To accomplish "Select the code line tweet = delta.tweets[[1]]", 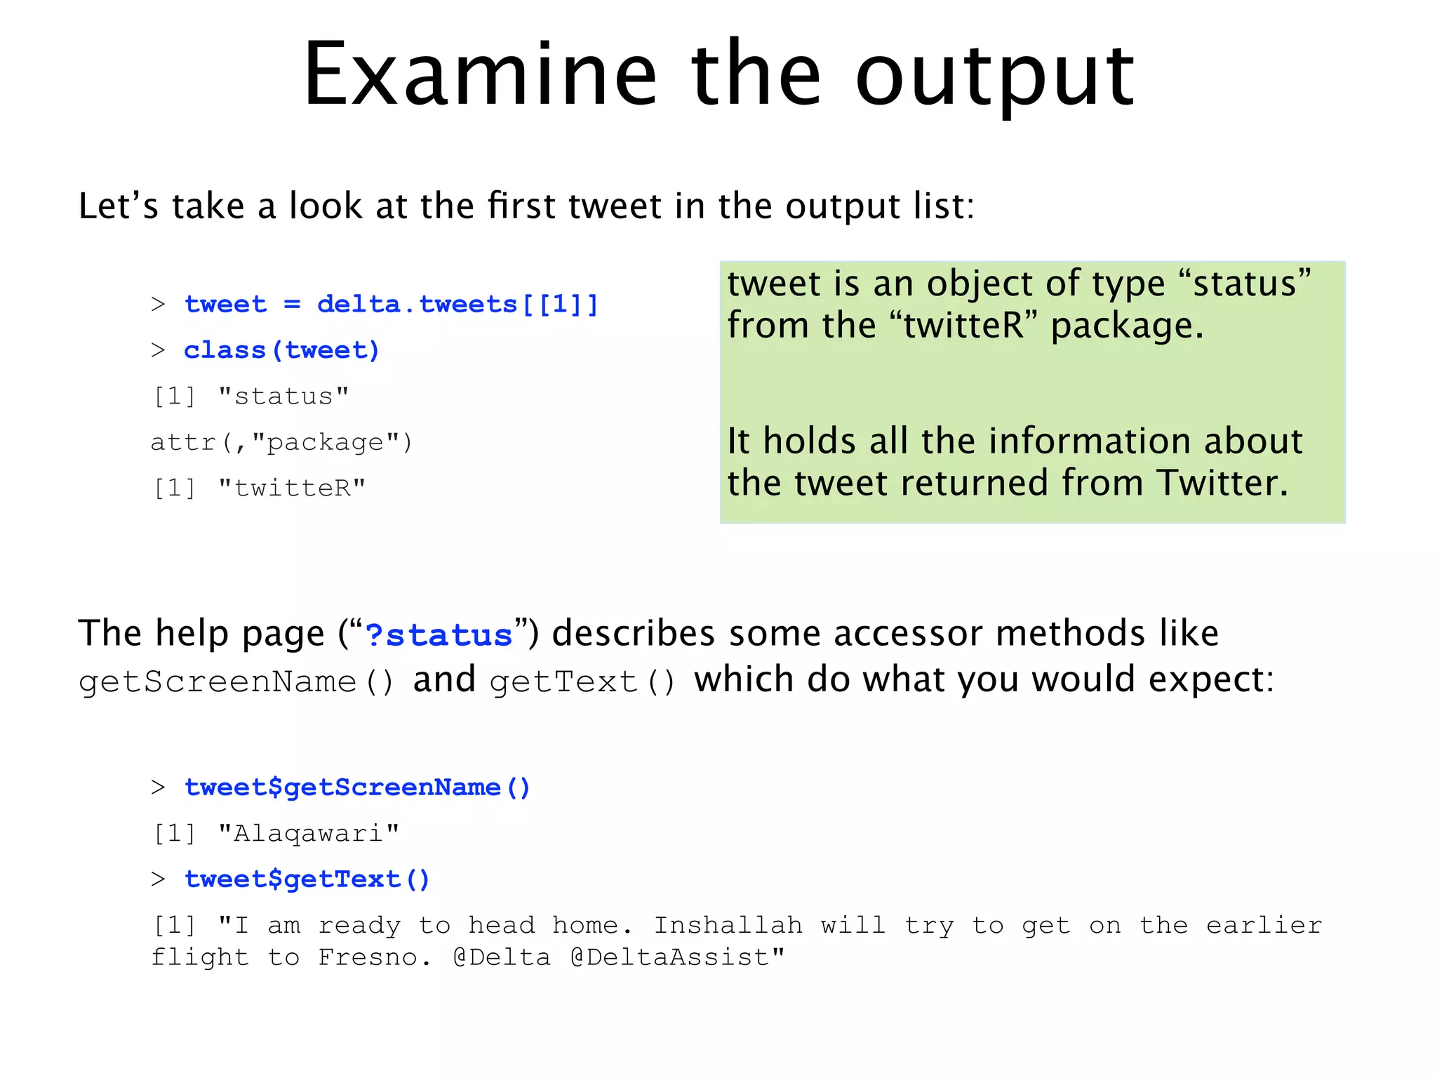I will (x=391, y=305).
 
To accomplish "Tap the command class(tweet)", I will (x=281, y=350).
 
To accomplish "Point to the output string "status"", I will (x=283, y=397).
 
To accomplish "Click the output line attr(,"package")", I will (x=281, y=442).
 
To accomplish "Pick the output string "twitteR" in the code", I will (x=292, y=488).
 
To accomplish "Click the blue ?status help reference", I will (x=439, y=635).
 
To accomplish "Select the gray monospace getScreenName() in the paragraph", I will (x=236, y=681).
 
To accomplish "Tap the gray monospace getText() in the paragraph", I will (x=582, y=681).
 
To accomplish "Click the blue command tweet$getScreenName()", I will (x=357, y=787).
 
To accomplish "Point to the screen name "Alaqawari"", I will (x=309, y=834).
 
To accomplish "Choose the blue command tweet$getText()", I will (x=307, y=879).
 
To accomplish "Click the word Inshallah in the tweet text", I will (x=728, y=925).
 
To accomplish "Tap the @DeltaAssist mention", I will (x=677, y=957).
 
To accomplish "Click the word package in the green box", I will (x=1127, y=326).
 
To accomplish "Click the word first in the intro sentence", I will (x=523, y=206).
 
